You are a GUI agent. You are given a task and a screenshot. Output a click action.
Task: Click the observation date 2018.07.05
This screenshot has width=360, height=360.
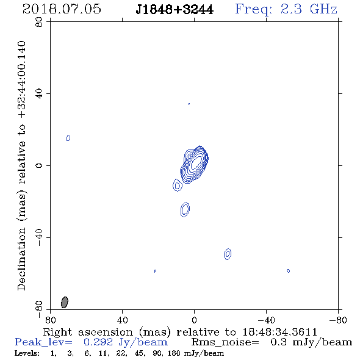62,9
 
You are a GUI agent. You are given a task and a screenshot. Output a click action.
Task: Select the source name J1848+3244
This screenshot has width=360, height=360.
175,9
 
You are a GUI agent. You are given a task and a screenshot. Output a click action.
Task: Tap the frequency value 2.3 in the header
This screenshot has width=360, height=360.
291,9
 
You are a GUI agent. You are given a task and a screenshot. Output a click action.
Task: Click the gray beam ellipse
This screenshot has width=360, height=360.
65,302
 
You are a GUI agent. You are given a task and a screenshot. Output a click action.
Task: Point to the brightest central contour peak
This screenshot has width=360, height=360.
196,162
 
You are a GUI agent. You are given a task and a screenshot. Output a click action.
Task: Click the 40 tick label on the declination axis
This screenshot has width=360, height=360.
39,94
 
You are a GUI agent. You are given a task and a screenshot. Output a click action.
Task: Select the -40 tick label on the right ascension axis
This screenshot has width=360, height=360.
266,320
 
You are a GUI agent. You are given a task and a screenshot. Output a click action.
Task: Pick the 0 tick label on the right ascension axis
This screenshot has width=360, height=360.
194,320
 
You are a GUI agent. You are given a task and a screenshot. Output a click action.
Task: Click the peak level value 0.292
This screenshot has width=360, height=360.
98,342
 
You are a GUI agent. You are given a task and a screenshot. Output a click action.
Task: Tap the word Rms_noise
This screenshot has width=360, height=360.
225,342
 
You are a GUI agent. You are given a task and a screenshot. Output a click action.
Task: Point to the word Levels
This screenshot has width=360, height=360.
27,353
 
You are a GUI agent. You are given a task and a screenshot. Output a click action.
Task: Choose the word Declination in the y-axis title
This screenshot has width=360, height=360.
21,259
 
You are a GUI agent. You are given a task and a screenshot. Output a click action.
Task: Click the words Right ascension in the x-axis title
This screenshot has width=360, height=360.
88,332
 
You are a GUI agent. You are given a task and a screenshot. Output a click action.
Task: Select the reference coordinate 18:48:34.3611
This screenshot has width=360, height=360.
280,332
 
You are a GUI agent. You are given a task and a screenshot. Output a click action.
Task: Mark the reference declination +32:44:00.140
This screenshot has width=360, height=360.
21,80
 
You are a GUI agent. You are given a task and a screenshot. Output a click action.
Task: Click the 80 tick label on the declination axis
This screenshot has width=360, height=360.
39,22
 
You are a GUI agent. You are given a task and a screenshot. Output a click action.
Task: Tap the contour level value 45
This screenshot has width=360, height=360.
139,353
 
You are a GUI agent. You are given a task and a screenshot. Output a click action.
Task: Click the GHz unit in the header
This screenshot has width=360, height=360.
323,9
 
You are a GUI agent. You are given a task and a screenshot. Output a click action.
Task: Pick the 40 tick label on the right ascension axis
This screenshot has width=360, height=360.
122,320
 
